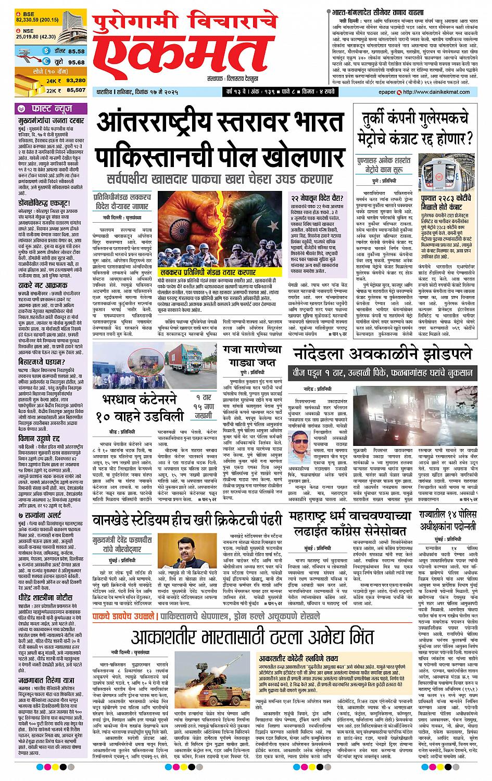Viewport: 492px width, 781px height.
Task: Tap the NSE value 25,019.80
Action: click(29, 36)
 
